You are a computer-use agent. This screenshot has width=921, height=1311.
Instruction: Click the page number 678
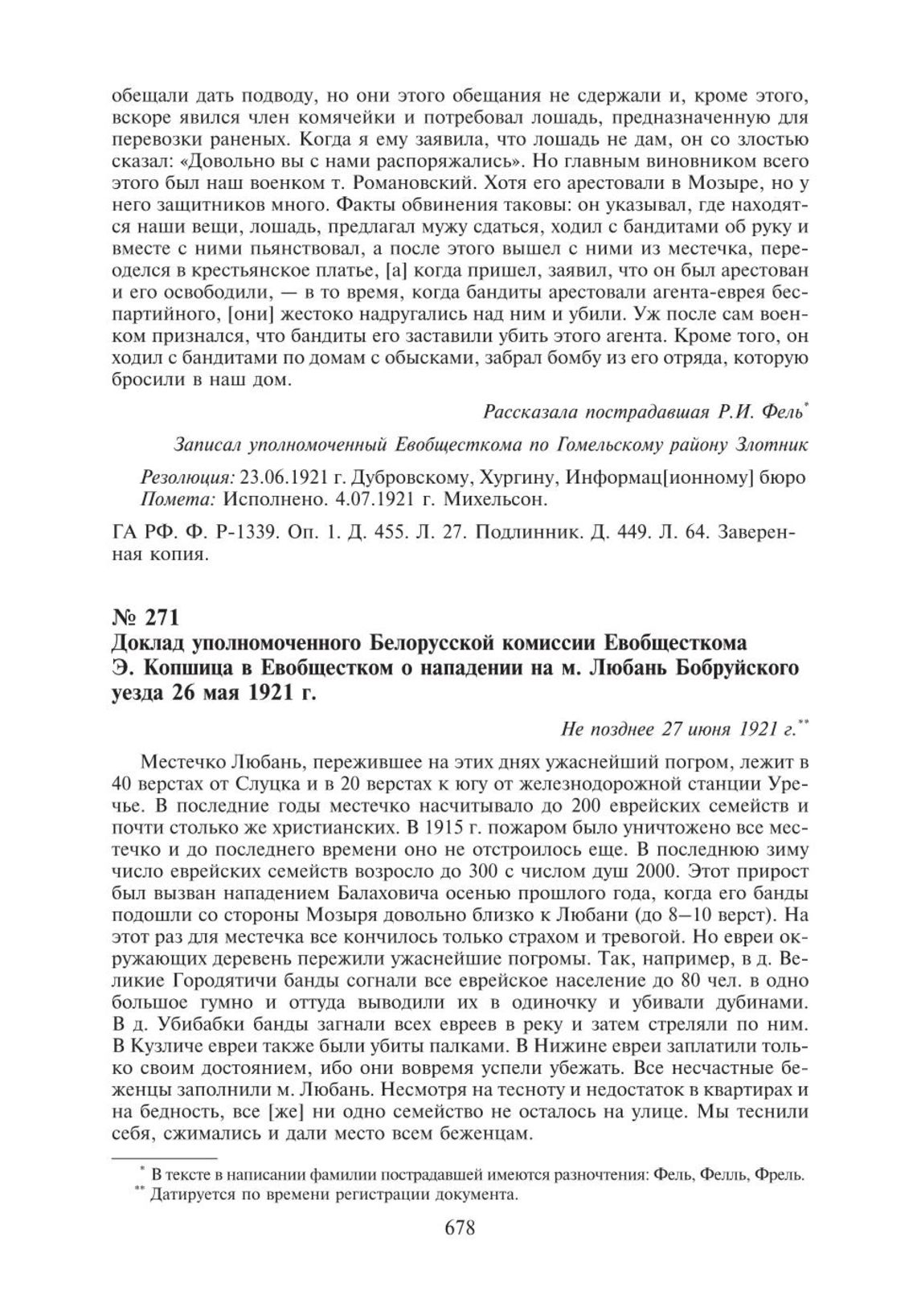point(460,1229)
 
